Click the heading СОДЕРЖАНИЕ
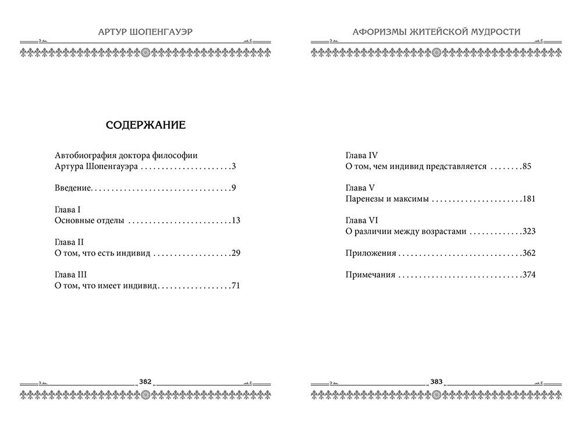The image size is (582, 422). (145, 125)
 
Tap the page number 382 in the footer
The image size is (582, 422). (145, 382)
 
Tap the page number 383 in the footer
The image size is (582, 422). (436, 382)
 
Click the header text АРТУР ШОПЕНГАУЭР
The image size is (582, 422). (145, 31)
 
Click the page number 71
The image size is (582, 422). (236, 286)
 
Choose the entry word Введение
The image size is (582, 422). (73, 188)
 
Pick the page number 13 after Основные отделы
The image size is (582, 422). (236, 220)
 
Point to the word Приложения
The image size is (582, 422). (371, 254)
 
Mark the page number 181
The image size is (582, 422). (528, 199)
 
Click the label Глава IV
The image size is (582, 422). (362, 155)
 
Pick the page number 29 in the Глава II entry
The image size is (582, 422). (236, 253)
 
